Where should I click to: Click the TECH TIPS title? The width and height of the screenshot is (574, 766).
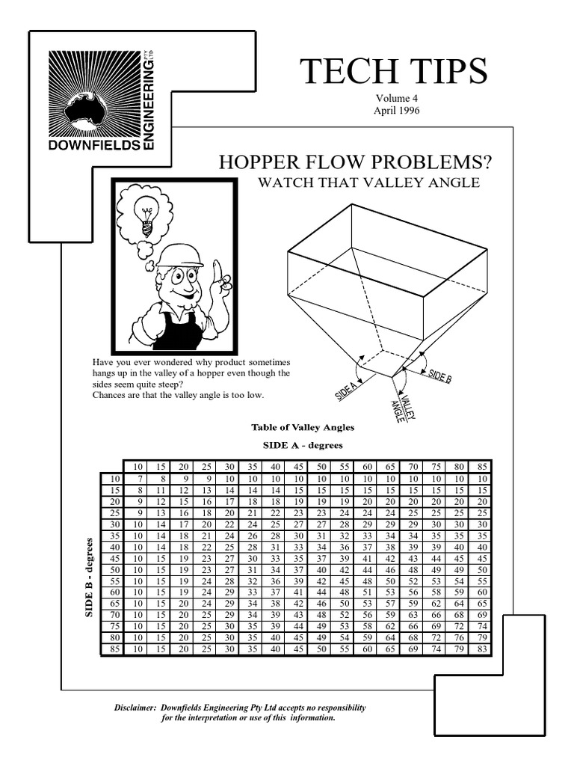pyautogui.click(x=393, y=73)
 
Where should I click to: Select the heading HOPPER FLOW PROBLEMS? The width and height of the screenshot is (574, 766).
pyautogui.click(x=355, y=162)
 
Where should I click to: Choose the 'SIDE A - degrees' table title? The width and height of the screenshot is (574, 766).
pyautogui.click(x=303, y=445)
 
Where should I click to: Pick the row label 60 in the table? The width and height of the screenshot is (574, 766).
pyautogui.click(x=114, y=591)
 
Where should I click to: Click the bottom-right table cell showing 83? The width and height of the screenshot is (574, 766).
pyautogui.click(x=482, y=649)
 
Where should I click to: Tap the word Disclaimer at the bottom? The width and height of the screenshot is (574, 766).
pyautogui.click(x=134, y=707)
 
